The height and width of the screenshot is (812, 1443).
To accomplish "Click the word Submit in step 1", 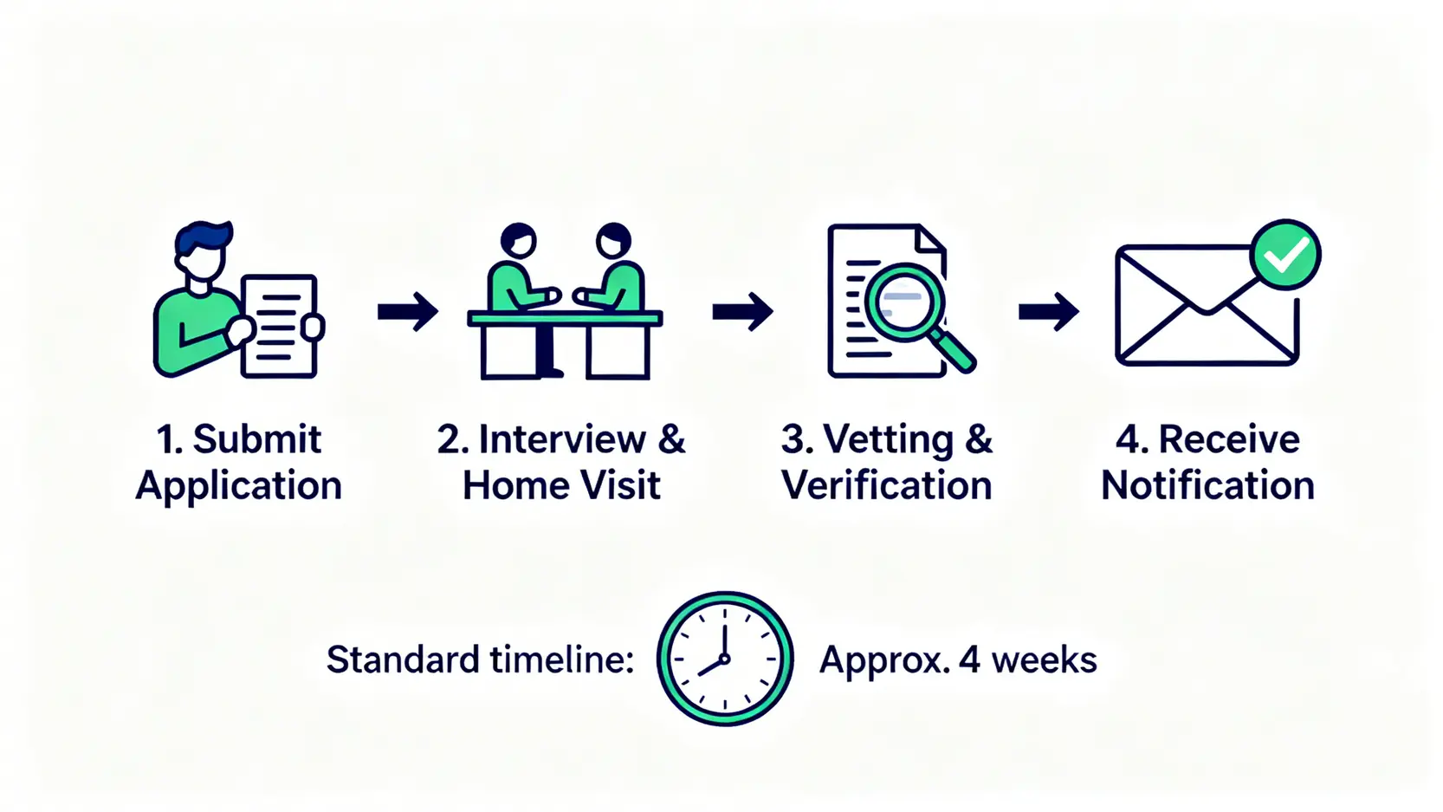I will click(x=256, y=439).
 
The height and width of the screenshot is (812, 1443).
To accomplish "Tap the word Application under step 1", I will click(x=239, y=486).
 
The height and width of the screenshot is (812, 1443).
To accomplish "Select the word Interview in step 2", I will click(x=562, y=439).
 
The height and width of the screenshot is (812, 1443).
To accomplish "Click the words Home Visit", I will click(x=561, y=486).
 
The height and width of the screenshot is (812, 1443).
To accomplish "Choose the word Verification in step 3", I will click(x=886, y=486).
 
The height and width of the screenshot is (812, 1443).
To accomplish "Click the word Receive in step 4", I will click(x=1228, y=439).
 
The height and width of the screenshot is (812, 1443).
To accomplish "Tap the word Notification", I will click(x=1207, y=486).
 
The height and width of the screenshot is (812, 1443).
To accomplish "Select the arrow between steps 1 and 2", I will click(x=408, y=311).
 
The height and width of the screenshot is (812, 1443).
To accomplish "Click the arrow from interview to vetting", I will click(x=742, y=311).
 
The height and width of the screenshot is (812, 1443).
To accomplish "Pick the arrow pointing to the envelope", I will click(x=1048, y=311).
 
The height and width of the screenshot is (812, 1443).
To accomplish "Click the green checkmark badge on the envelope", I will click(x=1285, y=254).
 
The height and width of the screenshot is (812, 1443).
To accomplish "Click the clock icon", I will click(x=725, y=659).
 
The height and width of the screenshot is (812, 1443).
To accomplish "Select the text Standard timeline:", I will click(x=480, y=660).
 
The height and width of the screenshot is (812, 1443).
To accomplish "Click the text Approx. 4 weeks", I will click(x=958, y=660).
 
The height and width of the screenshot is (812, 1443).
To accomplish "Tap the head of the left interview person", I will click(x=519, y=240).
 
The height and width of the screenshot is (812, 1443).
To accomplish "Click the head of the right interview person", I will click(x=613, y=240).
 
